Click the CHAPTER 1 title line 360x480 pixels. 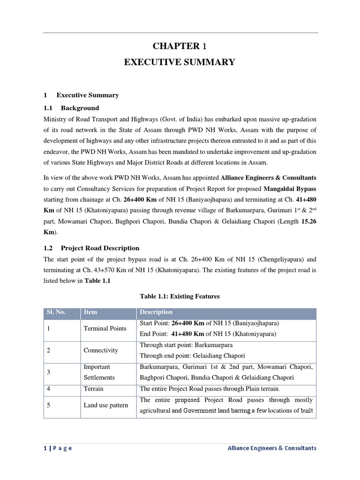click(180, 46)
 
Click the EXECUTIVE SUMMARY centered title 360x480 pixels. click(180, 62)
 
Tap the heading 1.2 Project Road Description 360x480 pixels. click(91, 248)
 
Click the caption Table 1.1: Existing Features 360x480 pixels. click(180, 296)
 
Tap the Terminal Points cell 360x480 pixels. click(105, 329)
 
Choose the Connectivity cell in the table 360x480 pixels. click(101, 350)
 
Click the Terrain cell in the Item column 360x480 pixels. click(94, 389)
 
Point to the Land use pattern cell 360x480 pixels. click(106, 405)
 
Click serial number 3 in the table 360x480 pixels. click(49, 372)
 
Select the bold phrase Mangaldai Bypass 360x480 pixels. click(290, 189)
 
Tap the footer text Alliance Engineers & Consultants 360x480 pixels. click(271, 448)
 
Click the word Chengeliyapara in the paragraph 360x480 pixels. click(272, 259)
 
